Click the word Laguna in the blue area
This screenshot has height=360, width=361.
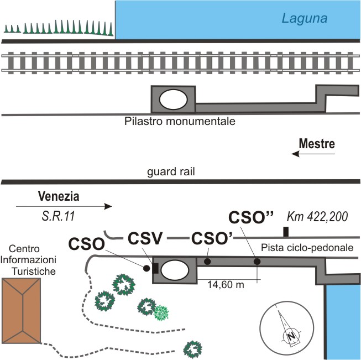(305, 18)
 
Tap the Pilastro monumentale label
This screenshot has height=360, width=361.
(180, 121)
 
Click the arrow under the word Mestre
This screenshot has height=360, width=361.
(313, 154)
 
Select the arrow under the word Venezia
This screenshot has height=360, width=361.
(64, 206)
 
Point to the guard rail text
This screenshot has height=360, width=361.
(171, 172)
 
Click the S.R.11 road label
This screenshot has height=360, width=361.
(59, 216)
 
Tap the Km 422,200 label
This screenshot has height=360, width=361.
(317, 217)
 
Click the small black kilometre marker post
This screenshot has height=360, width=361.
(286, 232)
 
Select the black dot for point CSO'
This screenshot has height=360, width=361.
(207, 262)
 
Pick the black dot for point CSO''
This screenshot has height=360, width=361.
(257, 262)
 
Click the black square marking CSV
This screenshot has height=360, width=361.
(155, 268)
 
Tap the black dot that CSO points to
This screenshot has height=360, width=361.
(147, 268)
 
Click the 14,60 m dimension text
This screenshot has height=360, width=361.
(226, 285)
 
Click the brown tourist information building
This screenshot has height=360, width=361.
(22, 310)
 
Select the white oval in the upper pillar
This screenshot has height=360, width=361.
(174, 100)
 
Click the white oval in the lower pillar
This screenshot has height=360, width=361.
(175, 269)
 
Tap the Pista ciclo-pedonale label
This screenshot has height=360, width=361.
(307, 248)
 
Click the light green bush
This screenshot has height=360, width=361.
(161, 312)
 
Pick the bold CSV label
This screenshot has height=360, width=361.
(145, 238)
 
